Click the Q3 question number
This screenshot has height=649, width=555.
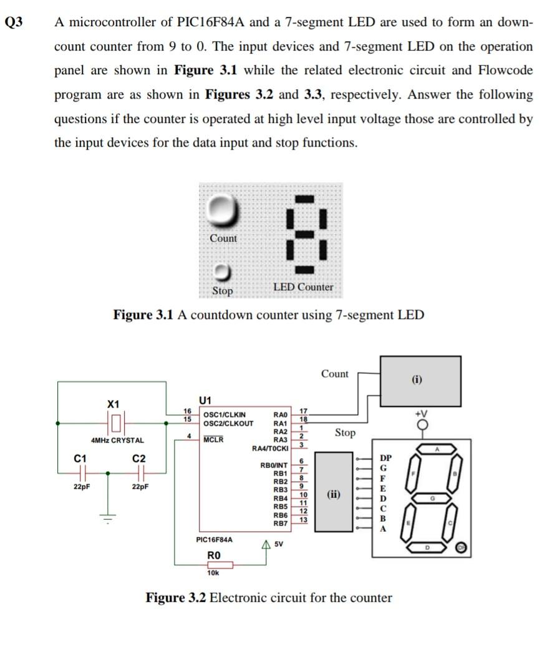tap(13, 22)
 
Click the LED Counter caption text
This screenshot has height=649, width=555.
tap(303, 287)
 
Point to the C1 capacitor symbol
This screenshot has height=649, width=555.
tap(79, 472)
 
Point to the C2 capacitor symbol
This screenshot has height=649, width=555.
tap(139, 472)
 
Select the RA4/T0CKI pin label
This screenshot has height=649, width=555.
tap(270, 449)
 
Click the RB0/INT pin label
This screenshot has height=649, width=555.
tap(274, 466)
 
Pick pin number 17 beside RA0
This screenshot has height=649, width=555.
tap(304, 411)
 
